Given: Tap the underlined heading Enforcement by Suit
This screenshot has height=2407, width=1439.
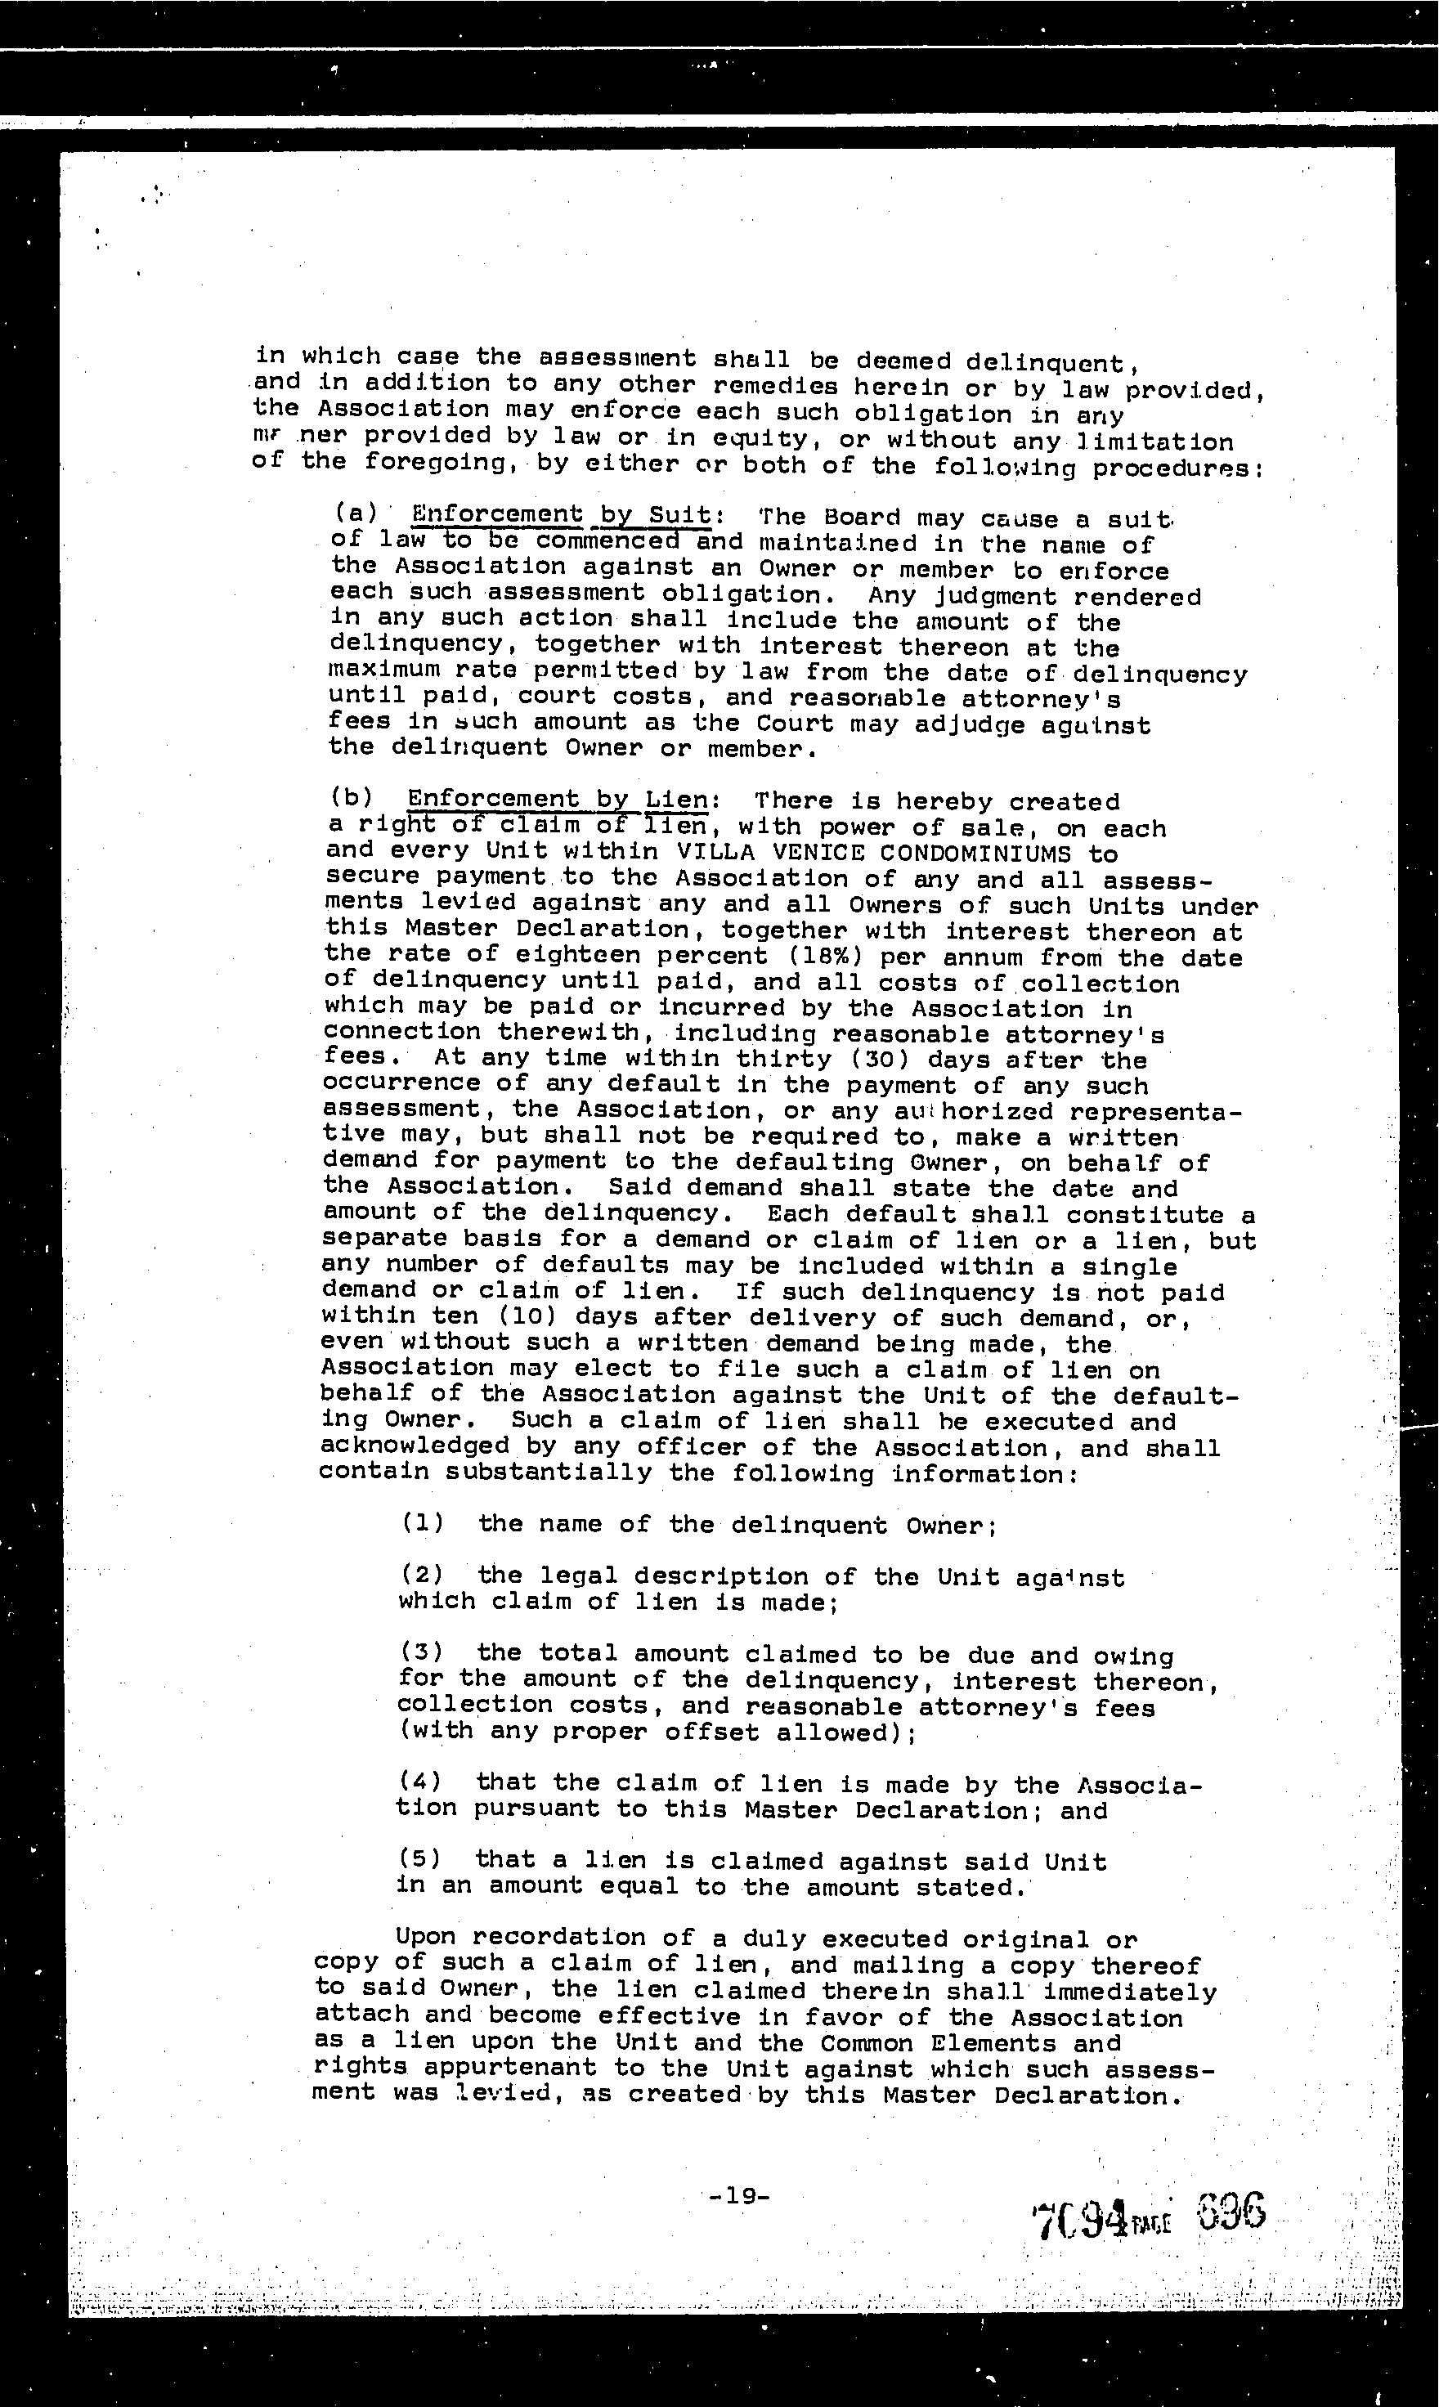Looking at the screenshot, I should pos(560,515).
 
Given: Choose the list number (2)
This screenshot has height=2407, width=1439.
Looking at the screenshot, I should pos(422,1576).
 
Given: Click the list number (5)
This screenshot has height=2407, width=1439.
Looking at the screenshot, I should pos(419,1858).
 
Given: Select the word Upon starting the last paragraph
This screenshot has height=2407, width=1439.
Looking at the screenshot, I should pos(426,1936).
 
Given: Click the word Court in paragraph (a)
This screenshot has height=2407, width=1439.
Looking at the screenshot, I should pos(794,724).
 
